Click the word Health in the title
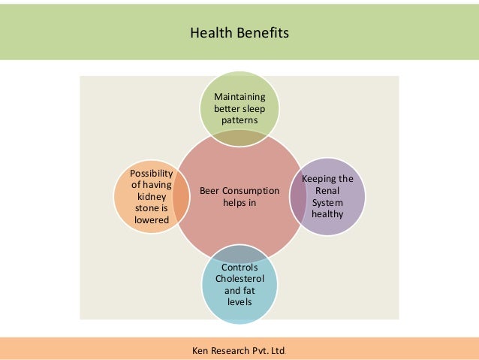tap(207, 33)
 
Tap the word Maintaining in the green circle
tap(239, 97)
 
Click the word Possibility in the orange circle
tap(152, 174)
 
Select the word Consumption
tap(252, 192)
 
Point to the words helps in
tap(239, 203)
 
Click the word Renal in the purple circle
tap(327, 191)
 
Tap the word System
tap(327, 202)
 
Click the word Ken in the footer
tap(201, 348)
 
